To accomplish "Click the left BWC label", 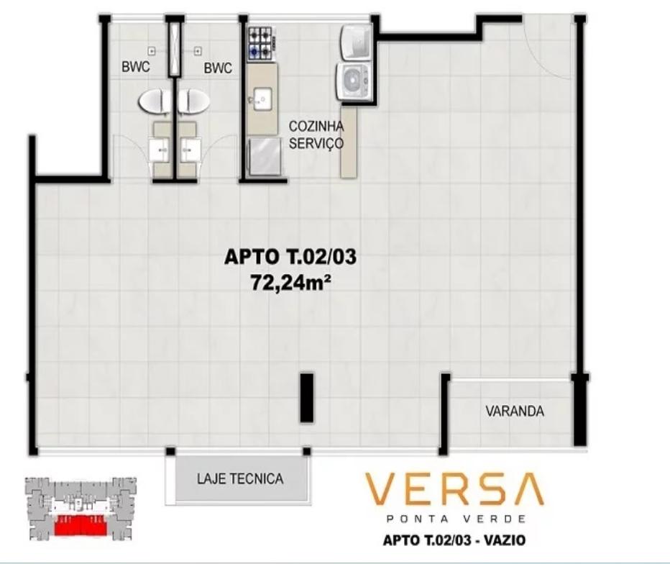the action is pyautogui.click(x=136, y=67).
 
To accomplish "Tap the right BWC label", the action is pyautogui.click(x=218, y=68).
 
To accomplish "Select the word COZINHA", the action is pyautogui.click(x=316, y=126).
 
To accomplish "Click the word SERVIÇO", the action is pyautogui.click(x=316, y=143).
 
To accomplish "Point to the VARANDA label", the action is pyautogui.click(x=515, y=411).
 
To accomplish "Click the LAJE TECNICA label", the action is pyautogui.click(x=240, y=478).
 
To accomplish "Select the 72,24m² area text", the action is pyautogui.click(x=292, y=282).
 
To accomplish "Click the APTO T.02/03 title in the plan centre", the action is pyautogui.click(x=290, y=258).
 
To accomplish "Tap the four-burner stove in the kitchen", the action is pyautogui.click(x=261, y=43).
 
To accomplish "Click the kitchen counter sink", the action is pyautogui.click(x=262, y=99).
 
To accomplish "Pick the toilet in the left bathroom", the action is pyautogui.click(x=155, y=101).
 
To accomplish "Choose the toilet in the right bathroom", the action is pyautogui.click(x=194, y=101).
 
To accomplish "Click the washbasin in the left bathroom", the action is pyautogui.click(x=160, y=150).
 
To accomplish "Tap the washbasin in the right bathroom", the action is pyautogui.click(x=191, y=150).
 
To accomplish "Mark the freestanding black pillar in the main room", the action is pyautogui.click(x=307, y=398).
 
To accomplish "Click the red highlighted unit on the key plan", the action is pyautogui.click(x=81, y=526).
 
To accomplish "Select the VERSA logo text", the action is pyautogui.click(x=454, y=491).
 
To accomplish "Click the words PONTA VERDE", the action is pyautogui.click(x=456, y=519).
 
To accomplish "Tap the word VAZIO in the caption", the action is pyautogui.click(x=505, y=540).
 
